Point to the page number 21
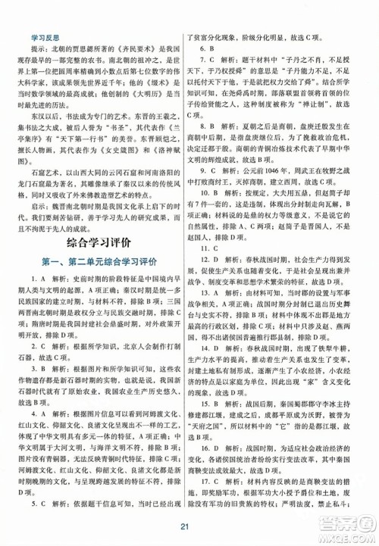coord(189,529)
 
